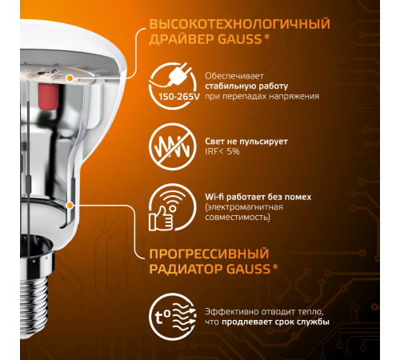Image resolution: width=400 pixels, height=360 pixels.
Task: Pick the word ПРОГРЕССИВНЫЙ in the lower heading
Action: click(201, 253)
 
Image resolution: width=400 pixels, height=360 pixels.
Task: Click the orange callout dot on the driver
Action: click(71, 78)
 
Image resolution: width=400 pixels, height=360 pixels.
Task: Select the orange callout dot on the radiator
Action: click(70, 205)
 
